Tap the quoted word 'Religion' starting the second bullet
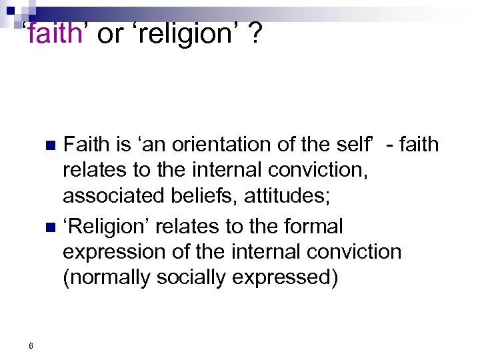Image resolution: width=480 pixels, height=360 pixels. click(x=106, y=227)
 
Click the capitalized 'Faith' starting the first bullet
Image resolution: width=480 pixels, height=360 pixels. click(x=83, y=144)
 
